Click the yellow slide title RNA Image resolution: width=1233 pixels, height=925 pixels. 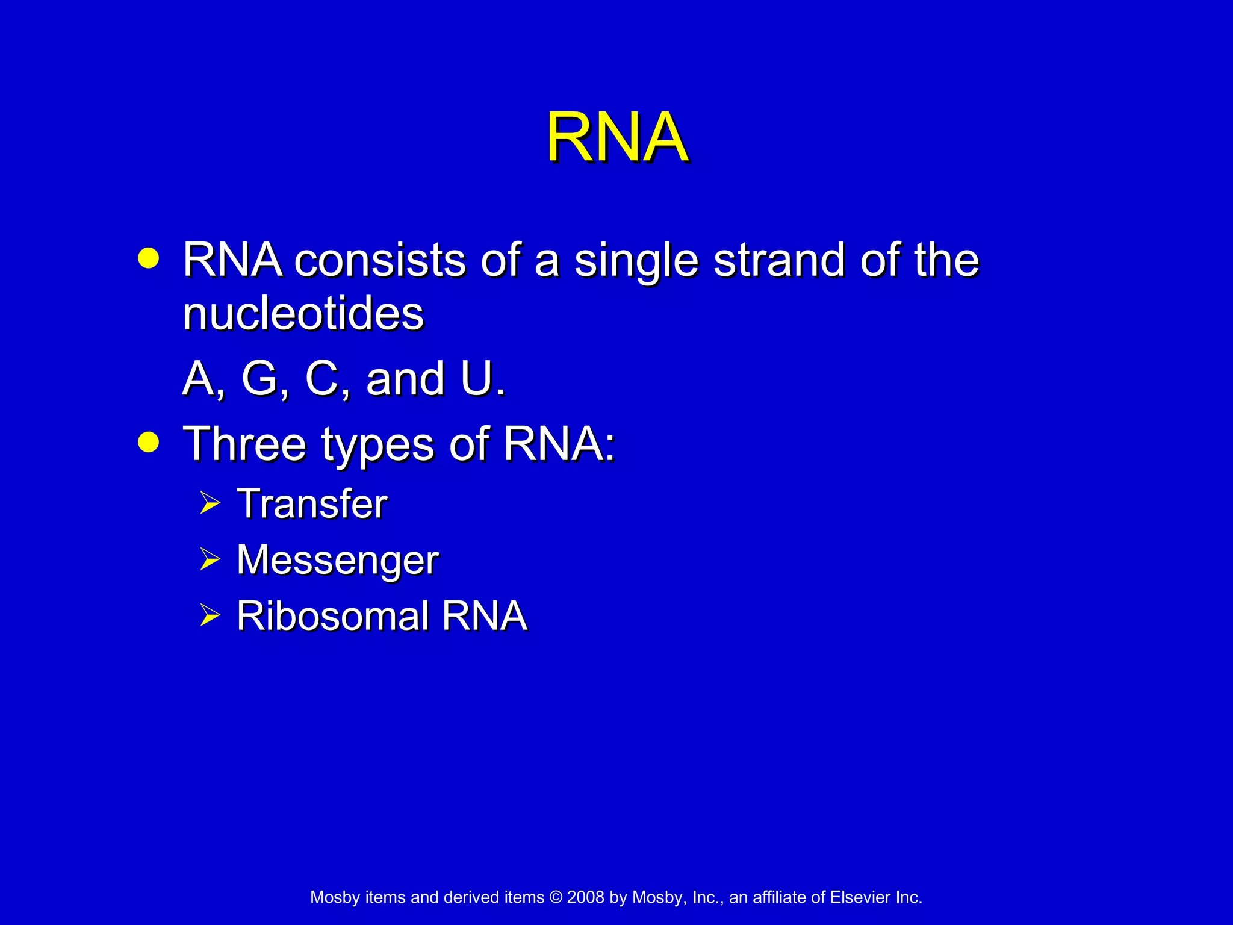pyautogui.click(x=616, y=138)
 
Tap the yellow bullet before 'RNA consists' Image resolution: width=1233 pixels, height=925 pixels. pyautogui.click(x=148, y=258)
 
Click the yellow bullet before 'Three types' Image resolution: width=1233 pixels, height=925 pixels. pyautogui.click(x=148, y=443)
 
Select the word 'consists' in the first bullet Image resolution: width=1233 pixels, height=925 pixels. pyautogui.click(x=380, y=260)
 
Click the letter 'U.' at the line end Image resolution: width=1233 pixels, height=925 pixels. pyautogui.click(x=482, y=379)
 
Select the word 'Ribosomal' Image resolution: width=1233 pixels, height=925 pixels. pyautogui.click(x=332, y=616)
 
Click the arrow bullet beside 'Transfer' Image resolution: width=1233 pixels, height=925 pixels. pyautogui.click(x=210, y=503)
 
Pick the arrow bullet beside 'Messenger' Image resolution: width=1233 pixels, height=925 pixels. pyautogui.click(x=210, y=559)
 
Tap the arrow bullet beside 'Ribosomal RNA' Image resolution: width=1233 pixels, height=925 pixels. pyautogui.click(x=210, y=615)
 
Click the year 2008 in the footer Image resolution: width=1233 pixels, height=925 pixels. pyautogui.click(x=585, y=897)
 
